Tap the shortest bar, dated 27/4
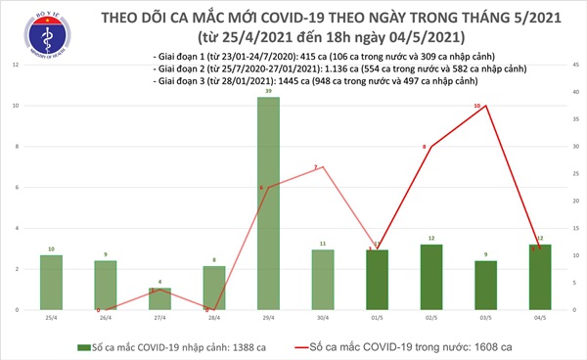(160, 298)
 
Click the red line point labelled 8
(430, 147)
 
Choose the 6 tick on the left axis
(13, 187)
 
